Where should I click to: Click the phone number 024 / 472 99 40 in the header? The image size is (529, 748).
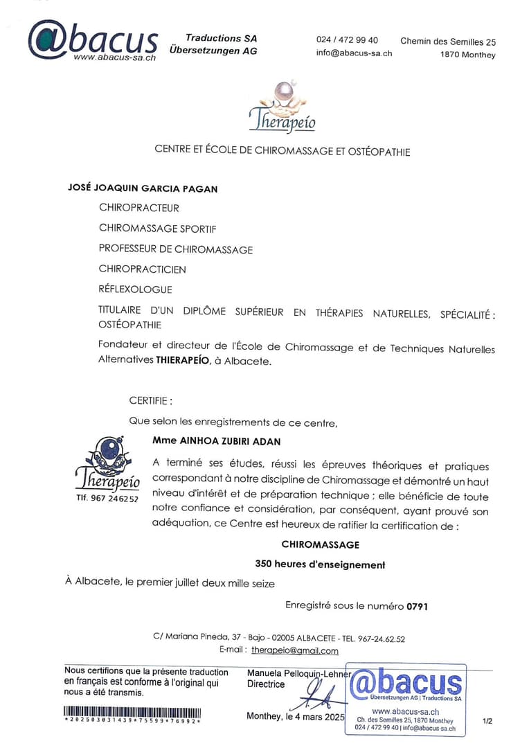coord(347,40)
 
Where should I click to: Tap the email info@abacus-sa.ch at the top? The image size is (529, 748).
coord(354,53)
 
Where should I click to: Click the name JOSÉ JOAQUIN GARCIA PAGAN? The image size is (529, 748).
coord(143,188)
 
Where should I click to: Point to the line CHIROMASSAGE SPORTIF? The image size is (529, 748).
coord(152,228)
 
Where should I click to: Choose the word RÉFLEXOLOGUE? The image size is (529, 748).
coord(135,290)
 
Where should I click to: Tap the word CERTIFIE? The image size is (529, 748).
coord(150,400)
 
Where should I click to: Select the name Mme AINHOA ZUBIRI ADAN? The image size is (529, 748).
coord(216,441)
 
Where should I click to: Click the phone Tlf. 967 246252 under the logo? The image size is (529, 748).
coord(107,499)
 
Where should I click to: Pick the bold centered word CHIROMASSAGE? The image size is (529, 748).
coord(320,545)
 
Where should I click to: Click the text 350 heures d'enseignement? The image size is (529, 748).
coord(320,564)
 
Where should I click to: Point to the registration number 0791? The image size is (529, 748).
coord(418,606)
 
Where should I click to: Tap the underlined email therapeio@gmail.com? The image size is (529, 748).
coord(294,651)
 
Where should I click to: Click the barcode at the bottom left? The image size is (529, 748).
coord(132,712)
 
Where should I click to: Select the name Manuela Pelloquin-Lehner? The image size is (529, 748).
coord(299,673)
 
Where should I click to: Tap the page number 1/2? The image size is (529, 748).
coord(487,721)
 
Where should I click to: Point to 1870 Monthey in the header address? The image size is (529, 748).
coord(467,55)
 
